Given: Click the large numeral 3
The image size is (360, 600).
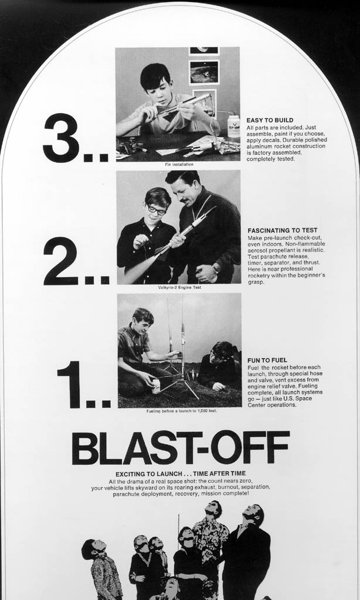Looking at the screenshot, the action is point(61,138).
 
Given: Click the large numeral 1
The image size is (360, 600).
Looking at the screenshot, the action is point(71,384).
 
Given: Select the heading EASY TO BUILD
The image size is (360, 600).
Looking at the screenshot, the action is point(270,120).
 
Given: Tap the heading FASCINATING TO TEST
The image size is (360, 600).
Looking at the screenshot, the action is point(282,230).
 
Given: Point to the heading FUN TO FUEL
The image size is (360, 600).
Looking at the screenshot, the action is point(267,360).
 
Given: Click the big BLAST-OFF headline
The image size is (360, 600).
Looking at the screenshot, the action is point(180,447).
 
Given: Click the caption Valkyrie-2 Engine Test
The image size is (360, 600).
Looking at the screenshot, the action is point(179,287).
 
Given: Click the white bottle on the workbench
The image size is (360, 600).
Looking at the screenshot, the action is point(233,126).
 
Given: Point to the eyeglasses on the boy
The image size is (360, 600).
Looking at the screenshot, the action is point(157,210).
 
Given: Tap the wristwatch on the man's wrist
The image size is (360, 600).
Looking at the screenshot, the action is point(215,268).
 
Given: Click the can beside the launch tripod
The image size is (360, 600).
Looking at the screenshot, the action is point(156,387).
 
